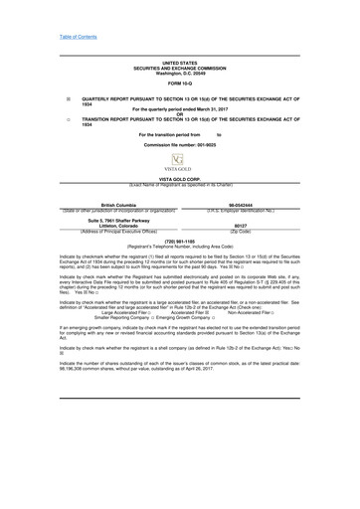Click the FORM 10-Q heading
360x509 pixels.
(179, 84)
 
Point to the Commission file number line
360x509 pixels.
(179, 145)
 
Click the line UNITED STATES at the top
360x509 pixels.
(179, 62)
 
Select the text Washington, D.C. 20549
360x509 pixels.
(179, 72)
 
